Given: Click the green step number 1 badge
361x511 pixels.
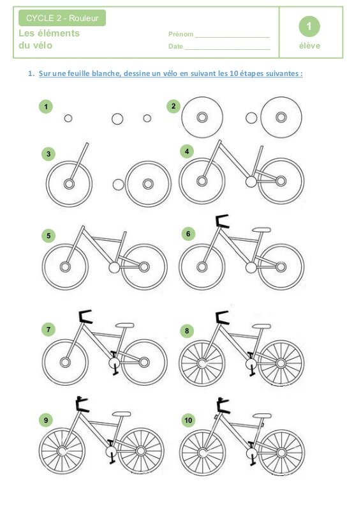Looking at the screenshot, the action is click(x=46, y=107).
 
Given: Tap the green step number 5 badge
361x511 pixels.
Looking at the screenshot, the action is click(x=48, y=236).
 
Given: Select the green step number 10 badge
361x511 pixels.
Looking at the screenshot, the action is click(x=188, y=420).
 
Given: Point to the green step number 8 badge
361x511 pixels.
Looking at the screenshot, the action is click(x=187, y=331).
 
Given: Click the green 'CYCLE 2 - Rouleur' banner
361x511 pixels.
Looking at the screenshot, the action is click(x=62, y=18).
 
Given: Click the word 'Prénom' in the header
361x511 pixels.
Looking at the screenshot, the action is click(x=180, y=34).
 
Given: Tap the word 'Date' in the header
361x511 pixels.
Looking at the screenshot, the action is click(x=175, y=46).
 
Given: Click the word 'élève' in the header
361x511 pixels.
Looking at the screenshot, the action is click(x=309, y=45).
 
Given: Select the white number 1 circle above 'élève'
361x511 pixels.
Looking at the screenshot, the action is click(x=309, y=26).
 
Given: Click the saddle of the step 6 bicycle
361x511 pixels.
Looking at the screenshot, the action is click(x=262, y=230).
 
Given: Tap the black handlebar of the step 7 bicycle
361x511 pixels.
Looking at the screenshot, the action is click(x=85, y=317).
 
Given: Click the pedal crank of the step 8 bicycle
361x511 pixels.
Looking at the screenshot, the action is click(x=251, y=363).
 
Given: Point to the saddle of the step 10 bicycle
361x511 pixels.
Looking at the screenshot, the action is click(x=262, y=416).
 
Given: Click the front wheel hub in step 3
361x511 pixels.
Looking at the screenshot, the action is click(x=69, y=184).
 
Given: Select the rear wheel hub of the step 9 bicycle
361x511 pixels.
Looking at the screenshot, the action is click(x=140, y=451).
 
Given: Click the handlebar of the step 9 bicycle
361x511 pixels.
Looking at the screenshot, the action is click(x=82, y=404).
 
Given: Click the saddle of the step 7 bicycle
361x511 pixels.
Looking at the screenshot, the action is click(x=124, y=325).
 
